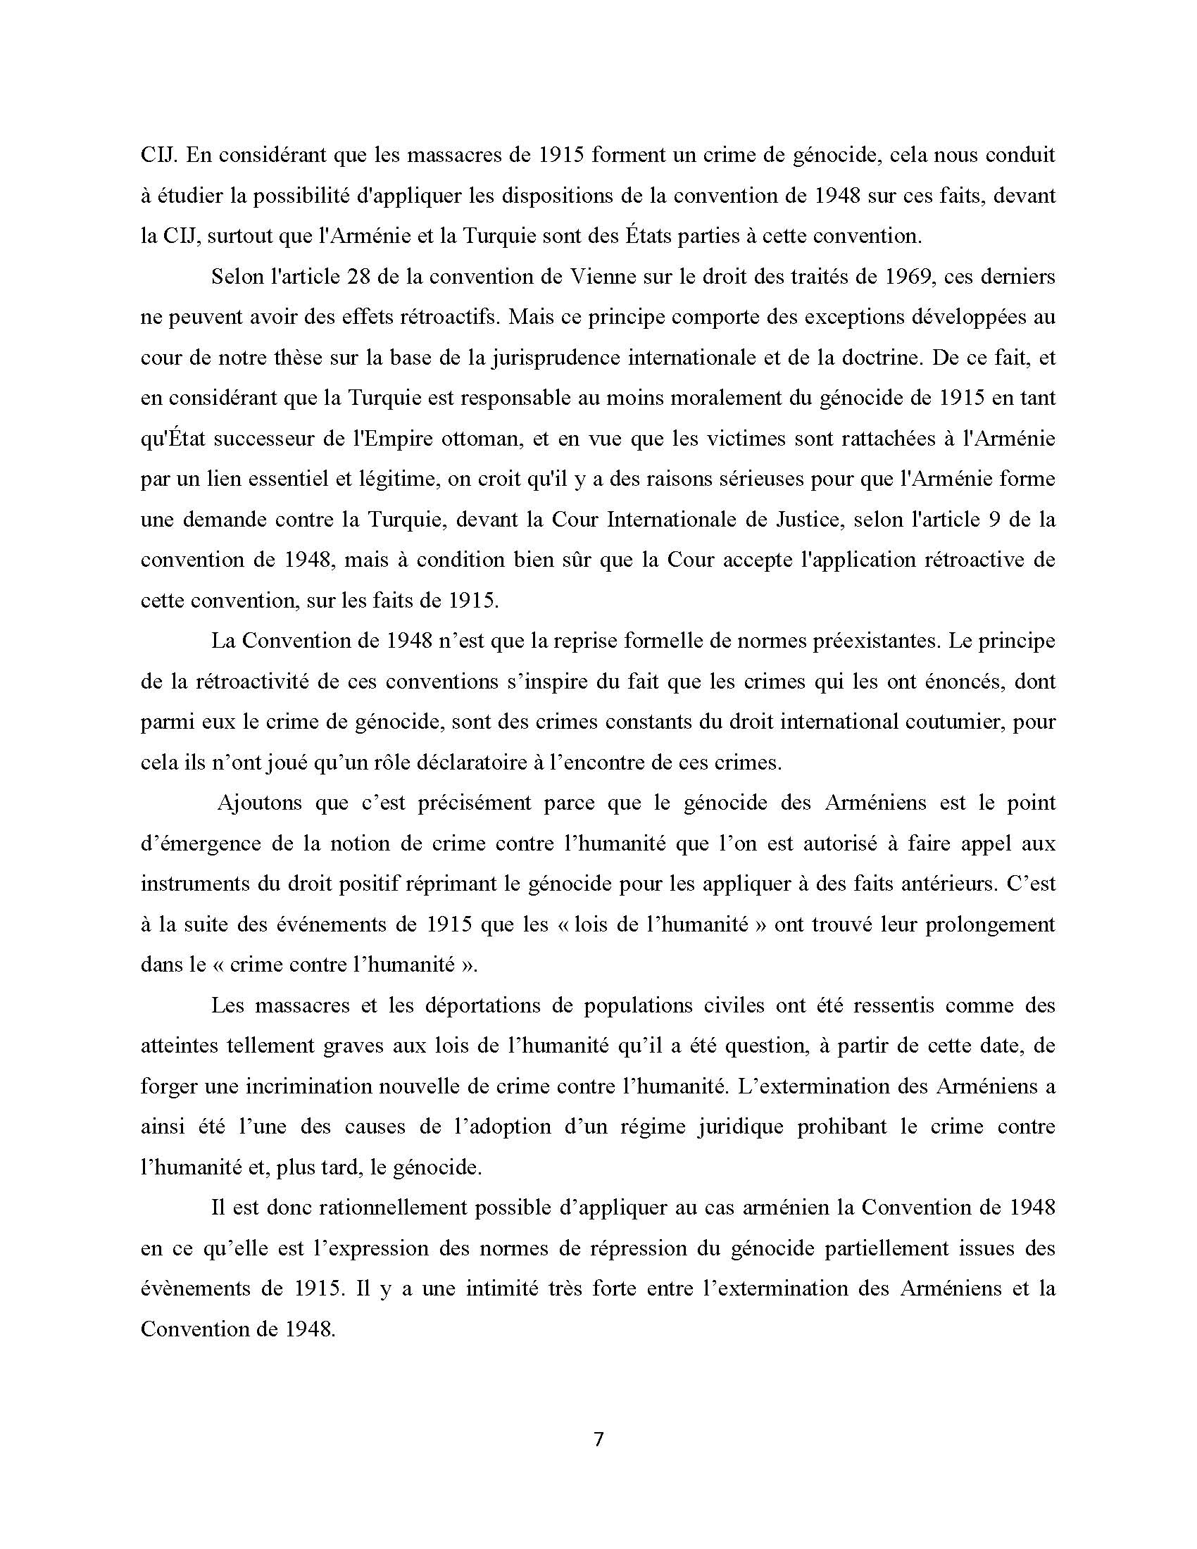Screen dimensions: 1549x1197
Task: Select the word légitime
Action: [399, 479]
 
